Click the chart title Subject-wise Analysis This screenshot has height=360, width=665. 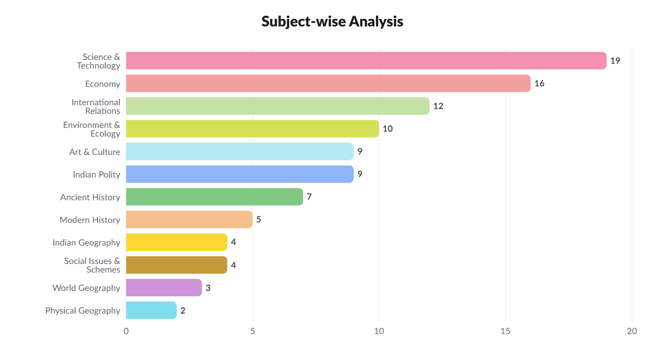tap(332, 22)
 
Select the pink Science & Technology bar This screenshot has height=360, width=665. tap(366, 60)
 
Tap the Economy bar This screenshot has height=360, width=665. tap(328, 84)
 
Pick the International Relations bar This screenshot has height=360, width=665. tap(278, 106)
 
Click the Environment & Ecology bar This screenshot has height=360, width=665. tap(252, 128)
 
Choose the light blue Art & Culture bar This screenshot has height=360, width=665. tap(240, 152)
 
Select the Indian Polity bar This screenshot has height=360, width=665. tap(240, 174)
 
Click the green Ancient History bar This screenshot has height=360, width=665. tap(215, 196)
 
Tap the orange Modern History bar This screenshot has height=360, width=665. tap(189, 220)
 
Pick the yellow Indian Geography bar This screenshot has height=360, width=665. tap(177, 242)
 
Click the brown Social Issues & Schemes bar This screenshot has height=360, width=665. tap(177, 265)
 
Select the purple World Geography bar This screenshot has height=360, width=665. tap(164, 288)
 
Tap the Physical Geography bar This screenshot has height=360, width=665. tap(152, 310)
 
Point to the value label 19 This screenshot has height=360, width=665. tap(615, 60)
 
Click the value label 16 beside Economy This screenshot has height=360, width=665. tap(539, 84)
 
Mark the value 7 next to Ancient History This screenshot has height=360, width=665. tap(309, 196)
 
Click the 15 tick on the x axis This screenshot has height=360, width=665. tap(505, 331)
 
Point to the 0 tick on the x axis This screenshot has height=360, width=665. tap(126, 331)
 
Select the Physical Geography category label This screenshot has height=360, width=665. tap(83, 311)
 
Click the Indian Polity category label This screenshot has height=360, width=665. tap(97, 175)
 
